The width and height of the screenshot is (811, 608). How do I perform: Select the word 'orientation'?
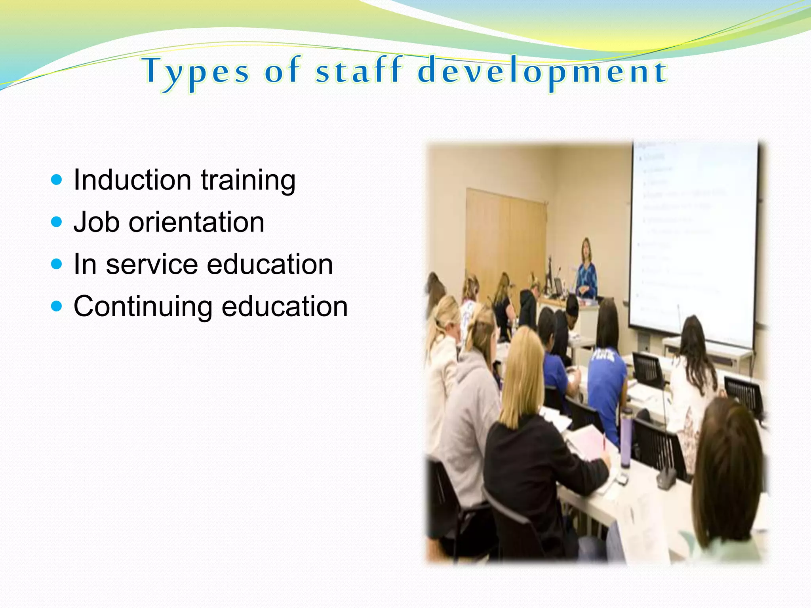click(196, 222)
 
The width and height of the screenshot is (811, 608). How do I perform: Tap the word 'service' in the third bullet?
click(152, 264)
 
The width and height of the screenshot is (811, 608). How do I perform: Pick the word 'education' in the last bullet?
click(284, 306)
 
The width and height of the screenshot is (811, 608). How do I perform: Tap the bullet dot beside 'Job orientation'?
click(57, 222)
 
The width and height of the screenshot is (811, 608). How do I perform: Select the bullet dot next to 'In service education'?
click(57, 264)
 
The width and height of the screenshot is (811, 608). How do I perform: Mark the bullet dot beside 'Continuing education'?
click(57, 306)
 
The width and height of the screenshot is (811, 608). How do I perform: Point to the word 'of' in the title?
click(282, 71)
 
